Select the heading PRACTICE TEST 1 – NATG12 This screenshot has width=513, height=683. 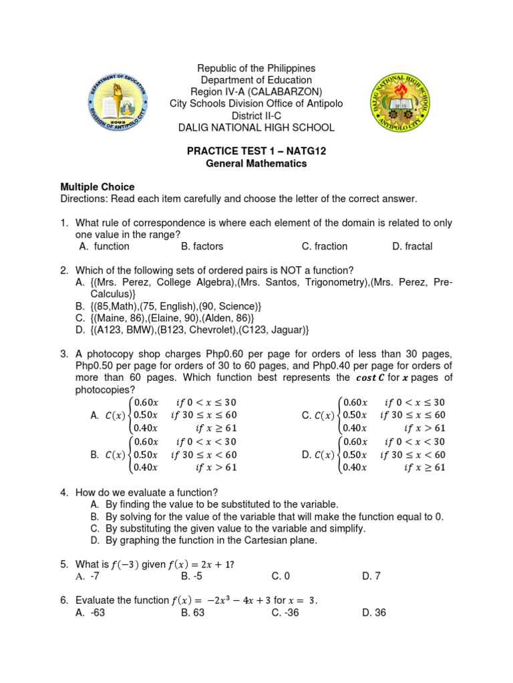256,151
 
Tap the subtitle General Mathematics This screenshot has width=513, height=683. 256,163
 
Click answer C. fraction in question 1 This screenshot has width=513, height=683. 325,246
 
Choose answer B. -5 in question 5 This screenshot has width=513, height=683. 192,576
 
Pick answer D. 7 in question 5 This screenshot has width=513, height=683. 371,576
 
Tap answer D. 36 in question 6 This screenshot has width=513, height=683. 374,612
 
